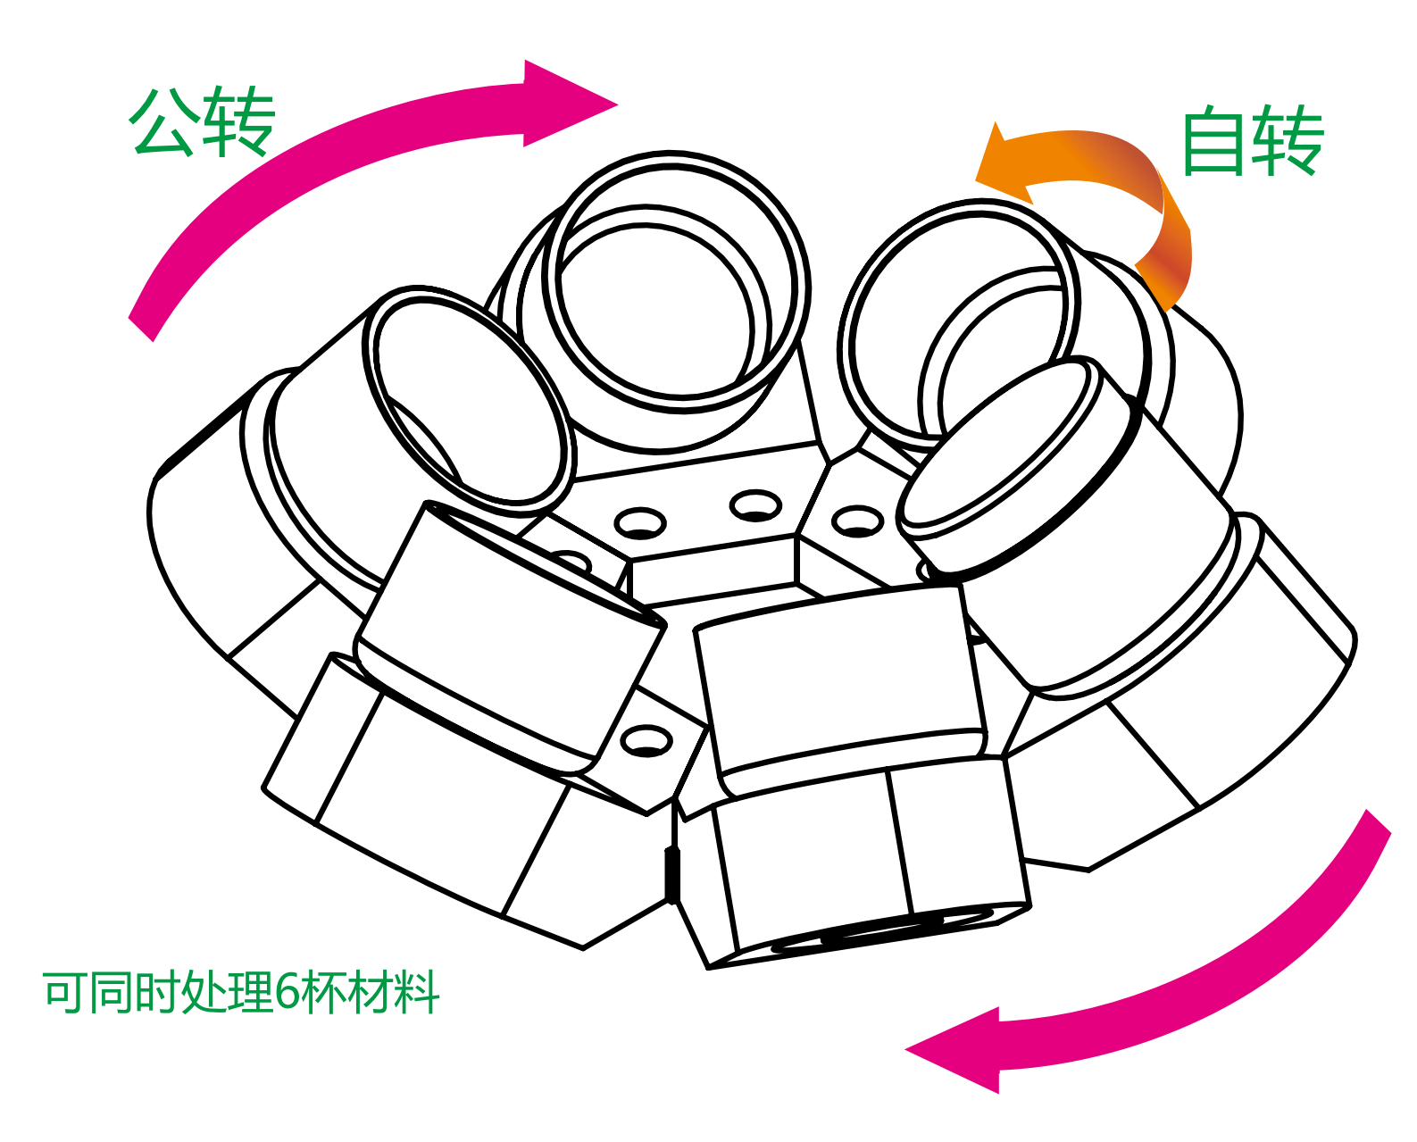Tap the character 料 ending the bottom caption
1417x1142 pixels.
[418, 991]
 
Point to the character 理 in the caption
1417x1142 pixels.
[249, 991]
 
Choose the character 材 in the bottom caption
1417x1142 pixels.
[371, 991]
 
